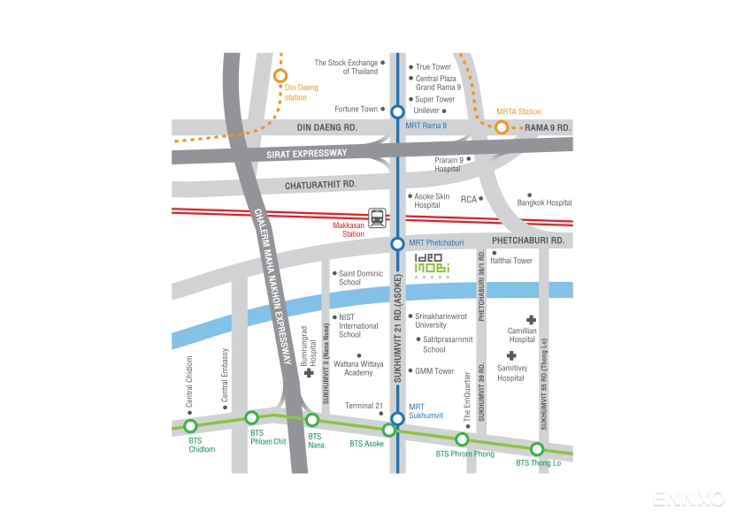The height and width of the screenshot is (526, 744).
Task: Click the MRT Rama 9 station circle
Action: (x=398, y=111)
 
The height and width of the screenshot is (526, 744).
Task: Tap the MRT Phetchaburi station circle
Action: (x=398, y=243)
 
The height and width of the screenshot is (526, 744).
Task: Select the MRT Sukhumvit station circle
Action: (x=398, y=418)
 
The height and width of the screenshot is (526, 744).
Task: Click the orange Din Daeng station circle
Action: (x=280, y=76)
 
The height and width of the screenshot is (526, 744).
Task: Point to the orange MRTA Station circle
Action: (x=502, y=127)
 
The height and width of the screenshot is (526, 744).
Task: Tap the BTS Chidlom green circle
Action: (x=190, y=426)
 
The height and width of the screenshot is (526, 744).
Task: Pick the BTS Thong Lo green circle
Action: (x=537, y=448)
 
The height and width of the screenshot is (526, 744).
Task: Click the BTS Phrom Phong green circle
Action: (x=462, y=439)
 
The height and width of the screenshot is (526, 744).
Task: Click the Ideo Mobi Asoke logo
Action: (x=433, y=265)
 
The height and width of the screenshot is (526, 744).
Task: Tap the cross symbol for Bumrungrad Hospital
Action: (x=309, y=373)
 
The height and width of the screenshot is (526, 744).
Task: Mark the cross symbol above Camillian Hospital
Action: (x=531, y=319)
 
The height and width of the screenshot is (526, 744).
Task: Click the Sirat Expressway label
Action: (x=306, y=154)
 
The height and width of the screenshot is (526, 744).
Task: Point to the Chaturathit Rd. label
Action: (x=320, y=185)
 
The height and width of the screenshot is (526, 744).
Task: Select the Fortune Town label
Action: (x=356, y=110)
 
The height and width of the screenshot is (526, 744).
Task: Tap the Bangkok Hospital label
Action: (x=545, y=202)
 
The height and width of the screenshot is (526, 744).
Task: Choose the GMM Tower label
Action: (x=434, y=371)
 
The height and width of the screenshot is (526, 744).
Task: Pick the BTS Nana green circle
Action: (x=311, y=420)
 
